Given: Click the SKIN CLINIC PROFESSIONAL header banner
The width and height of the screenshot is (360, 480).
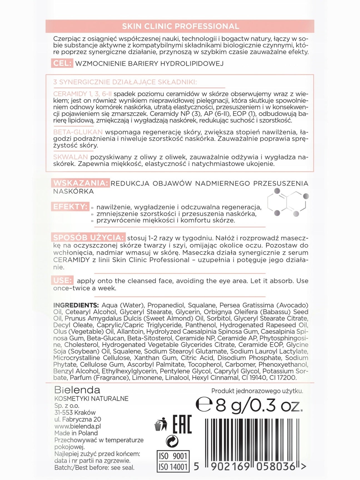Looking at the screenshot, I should (180, 26).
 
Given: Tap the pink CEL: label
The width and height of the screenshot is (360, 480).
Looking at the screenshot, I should (62, 63).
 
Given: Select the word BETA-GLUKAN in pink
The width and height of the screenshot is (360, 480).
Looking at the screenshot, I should (78, 132).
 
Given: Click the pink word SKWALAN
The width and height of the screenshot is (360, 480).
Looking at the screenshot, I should (70, 157).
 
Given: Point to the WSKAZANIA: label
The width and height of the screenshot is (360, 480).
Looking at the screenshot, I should (80, 183).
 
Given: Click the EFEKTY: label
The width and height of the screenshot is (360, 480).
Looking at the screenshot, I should (70, 207).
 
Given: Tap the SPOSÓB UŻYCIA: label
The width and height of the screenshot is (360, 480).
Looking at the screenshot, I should (88, 238).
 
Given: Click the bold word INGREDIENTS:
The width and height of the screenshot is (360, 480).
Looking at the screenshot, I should (76, 305).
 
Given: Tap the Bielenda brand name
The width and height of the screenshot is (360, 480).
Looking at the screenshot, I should (77, 390).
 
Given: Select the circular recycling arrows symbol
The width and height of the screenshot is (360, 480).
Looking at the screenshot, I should (172, 441).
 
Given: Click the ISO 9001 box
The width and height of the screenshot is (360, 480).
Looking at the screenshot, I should (173, 456).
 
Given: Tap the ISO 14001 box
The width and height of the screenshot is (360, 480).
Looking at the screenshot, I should (173, 467).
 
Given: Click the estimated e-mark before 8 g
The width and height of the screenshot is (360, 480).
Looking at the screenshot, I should (204, 405).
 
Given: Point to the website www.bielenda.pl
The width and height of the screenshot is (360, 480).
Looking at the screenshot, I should (78, 426).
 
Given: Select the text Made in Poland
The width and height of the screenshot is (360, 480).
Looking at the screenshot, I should (76, 433).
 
